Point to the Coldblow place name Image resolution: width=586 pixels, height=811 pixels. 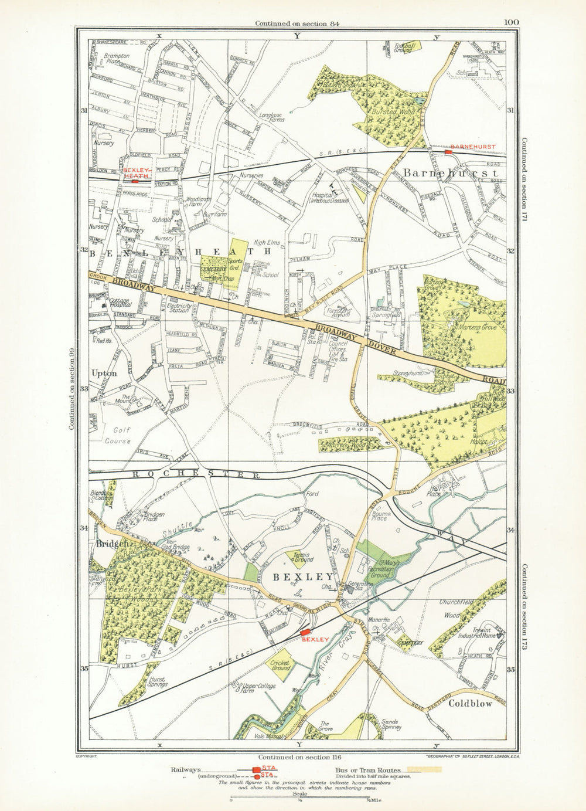click(x=471, y=704)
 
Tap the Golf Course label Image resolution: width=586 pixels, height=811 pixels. click(x=118, y=435)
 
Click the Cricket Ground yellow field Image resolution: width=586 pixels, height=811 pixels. click(x=280, y=666)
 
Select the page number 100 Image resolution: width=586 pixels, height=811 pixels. click(x=511, y=23)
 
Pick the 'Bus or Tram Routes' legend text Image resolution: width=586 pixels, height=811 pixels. click(x=368, y=770)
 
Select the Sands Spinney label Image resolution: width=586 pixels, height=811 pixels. click(x=391, y=725)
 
